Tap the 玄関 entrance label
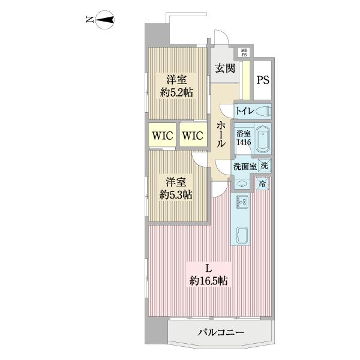(x=224, y=69)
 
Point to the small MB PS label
(x=244, y=52)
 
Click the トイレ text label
(x=243, y=111)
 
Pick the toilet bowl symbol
(x=263, y=111)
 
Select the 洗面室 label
(x=245, y=167)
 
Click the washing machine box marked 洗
(x=265, y=166)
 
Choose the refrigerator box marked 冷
(x=263, y=184)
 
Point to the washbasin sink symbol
(x=242, y=184)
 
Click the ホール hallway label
(x=221, y=136)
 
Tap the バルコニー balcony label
(x=219, y=332)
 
